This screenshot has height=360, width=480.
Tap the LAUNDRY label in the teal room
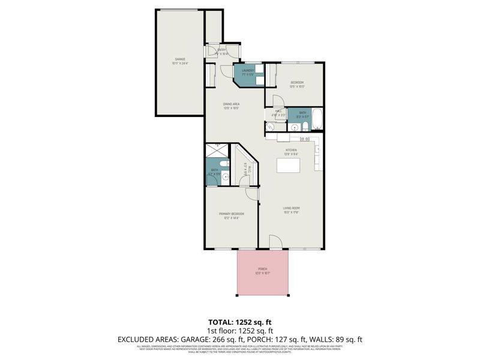click(x=248, y=71)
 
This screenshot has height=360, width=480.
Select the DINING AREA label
click(x=232, y=104)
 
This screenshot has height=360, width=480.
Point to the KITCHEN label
click(x=291, y=150)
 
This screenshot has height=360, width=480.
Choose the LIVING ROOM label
click(x=291, y=209)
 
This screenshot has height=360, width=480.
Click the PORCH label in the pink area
click(x=262, y=269)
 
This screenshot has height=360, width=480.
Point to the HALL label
click(x=278, y=111)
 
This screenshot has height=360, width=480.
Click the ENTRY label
click(x=221, y=50)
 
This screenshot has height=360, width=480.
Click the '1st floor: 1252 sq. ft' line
click(x=239, y=331)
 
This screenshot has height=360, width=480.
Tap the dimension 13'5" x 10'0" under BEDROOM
click(x=298, y=87)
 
